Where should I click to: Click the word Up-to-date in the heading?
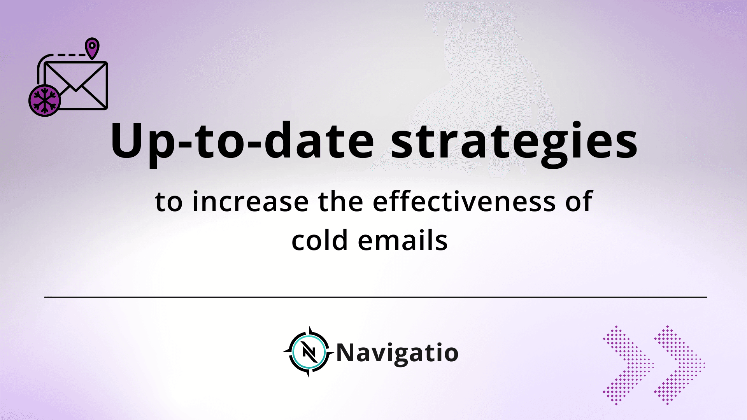coord(242,141)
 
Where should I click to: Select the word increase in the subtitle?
coord(251,201)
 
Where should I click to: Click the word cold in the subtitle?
coord(319,240)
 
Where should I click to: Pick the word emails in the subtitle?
coord(403,240)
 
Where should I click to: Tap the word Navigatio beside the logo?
coord(397,353)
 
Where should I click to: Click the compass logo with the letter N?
coord(309,352)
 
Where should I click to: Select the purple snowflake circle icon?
coord(45,100)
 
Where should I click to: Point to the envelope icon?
coord(75,86)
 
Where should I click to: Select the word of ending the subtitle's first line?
coord(579,201)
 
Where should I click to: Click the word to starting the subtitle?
coord(168,202)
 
